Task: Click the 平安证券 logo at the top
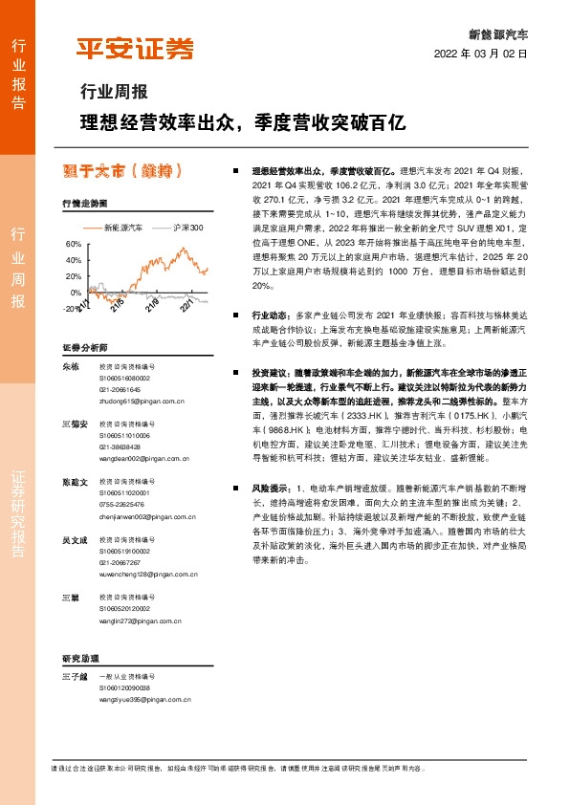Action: point(134,49)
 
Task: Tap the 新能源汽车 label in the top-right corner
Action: point(498,33)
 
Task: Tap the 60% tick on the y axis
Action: point(74,244)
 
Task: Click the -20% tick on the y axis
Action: point(73,309)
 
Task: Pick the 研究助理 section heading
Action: point(81,659)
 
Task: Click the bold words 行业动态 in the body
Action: point(269,314)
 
